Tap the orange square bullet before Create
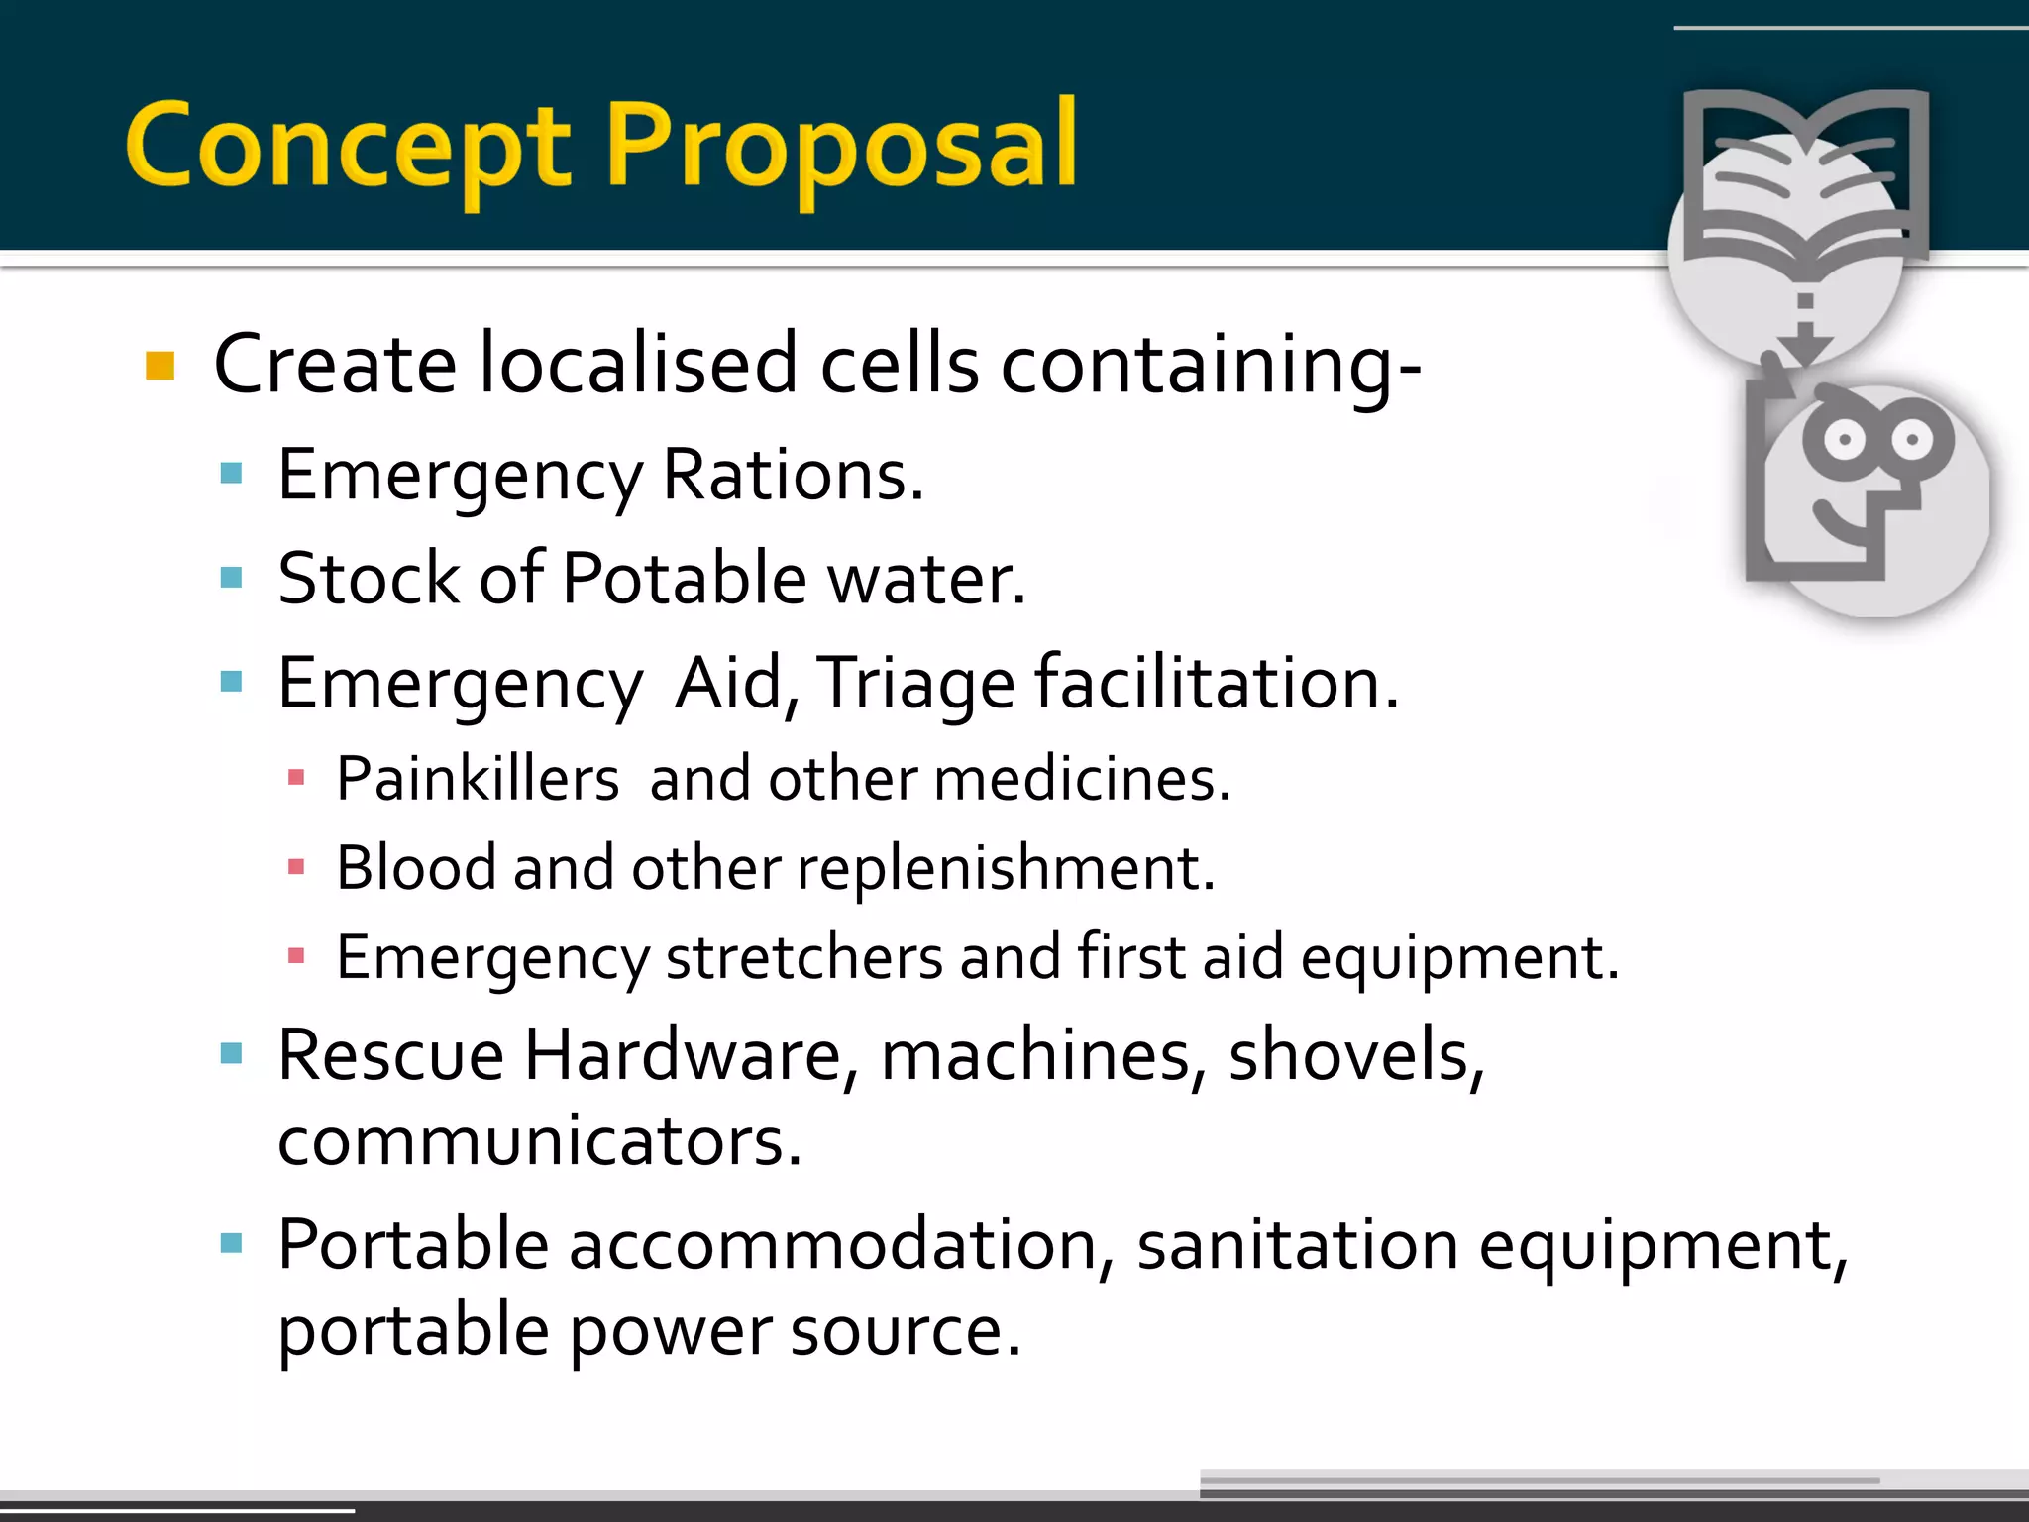pyautogui.click(x=160, y=366)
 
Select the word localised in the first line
pyautogui.click(x=638, y=365)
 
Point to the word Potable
pyautogui.click(x=684, y=579)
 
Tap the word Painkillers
pyautogui.click(x=478, y=779)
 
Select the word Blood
pyautogui.click(x=416, y=868)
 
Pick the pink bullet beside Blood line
pyautogui.click(x=295, y=868)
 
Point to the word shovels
pyautogui.click(x=1355, y=1055)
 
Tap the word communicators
pyautogui.click(x=539, y=1141)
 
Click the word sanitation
pyautogui.click(x=1297, y=1246)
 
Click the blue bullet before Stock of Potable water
pyautogui.click(x=231, y=578)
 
